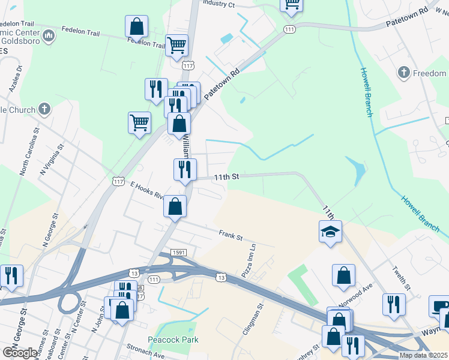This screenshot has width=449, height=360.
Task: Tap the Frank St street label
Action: [230, 235]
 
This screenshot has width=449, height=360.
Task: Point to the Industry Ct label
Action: [218, 4]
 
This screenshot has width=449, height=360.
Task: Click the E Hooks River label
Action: [147, 191]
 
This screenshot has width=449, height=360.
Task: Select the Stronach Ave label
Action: [145, 354]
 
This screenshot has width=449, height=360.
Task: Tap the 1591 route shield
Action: [178, 253]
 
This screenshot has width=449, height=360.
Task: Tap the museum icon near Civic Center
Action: [48, 37]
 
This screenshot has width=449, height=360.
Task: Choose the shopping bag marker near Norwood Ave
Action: [343, 275]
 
